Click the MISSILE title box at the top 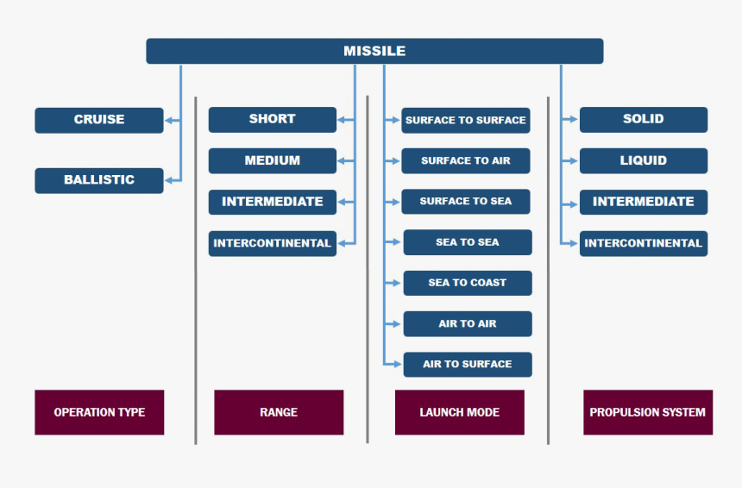(x=374, y=51)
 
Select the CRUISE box (x=99, y=120)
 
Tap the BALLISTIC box (x=99, y=180)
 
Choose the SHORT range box (x=273, y=119)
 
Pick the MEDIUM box (x=273, y=160)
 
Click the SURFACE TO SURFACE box (x=466, y=120)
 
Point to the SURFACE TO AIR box (x=466, y=160)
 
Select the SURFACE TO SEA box (x=466, y=201)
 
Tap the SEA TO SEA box (x=468, y=242)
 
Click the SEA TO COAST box (x=468, y=283)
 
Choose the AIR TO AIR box (x=468, y=323)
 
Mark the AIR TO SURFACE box (x=468, y=364)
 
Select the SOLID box (x=644, y=119)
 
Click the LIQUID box (x=644, y=160)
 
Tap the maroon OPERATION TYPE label (x=99, y=412)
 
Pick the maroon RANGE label (x=279, y=412)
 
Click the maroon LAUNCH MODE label (x=460, y=412)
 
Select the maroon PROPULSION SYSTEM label (x=648, y=412)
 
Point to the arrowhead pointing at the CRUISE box (x=169, y=121)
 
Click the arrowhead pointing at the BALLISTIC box (x=169, y=180)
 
